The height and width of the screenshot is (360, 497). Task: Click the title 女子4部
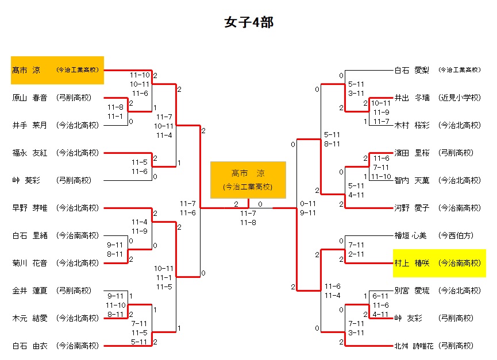(248, 22)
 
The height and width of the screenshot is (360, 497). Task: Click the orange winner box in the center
(248, 180)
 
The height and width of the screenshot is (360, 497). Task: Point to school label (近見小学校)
(459, 98)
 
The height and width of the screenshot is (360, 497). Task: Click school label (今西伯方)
(457, 235)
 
